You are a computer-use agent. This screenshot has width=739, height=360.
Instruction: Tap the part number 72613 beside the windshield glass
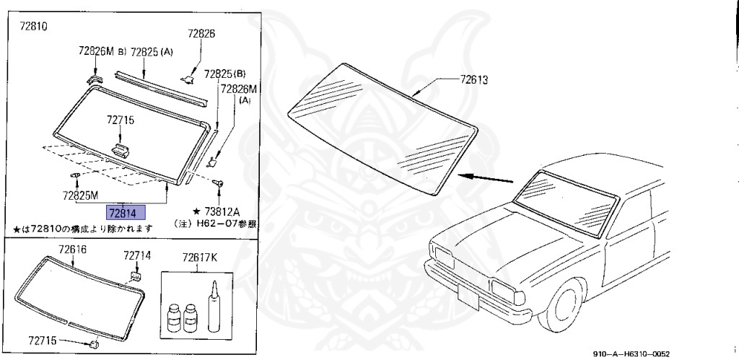(x=473, y=80)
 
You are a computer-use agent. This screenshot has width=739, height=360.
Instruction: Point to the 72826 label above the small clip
(x=201, y=33)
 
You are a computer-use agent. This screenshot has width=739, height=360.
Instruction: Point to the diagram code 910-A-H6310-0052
(x=631, y=354)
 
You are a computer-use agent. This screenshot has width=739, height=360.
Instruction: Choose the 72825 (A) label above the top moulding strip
(x=152, y=51)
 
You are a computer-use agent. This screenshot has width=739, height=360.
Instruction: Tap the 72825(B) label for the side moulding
(x=224, y=74)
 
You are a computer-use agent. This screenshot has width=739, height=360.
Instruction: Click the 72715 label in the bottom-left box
(x=47, y=339)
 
